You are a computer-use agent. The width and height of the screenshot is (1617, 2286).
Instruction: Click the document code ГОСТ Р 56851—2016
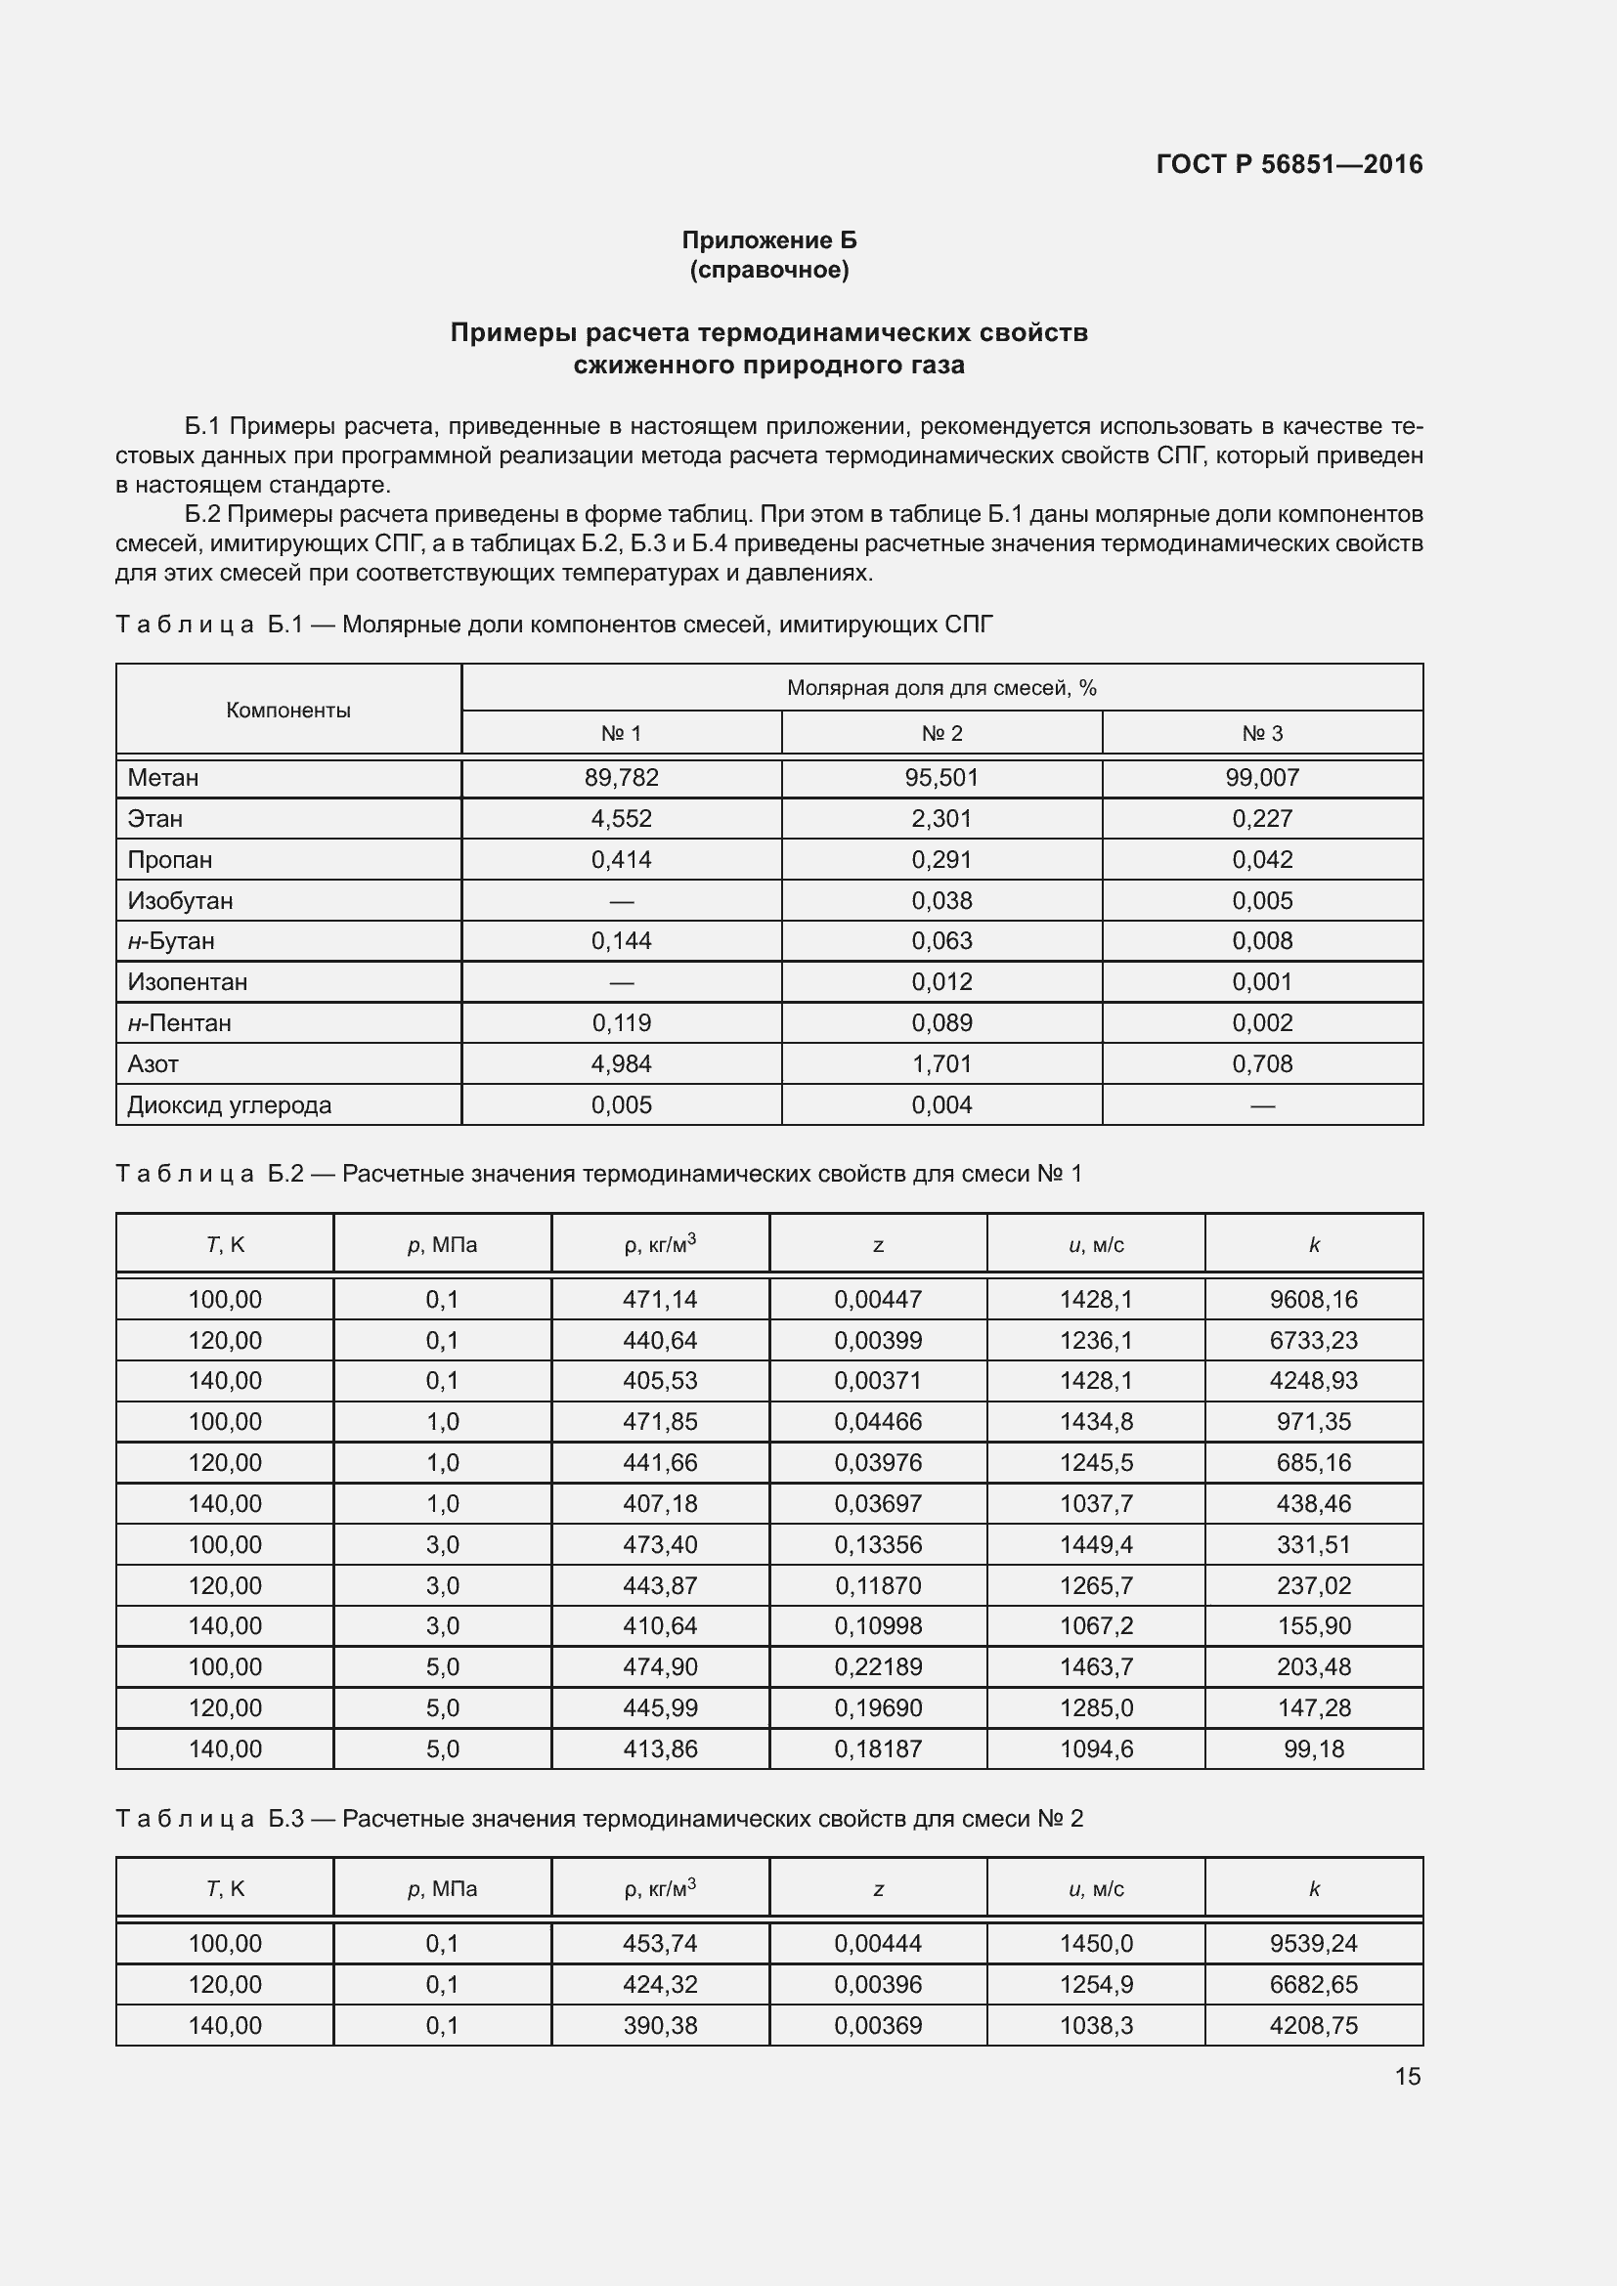click(x=1289, y=164)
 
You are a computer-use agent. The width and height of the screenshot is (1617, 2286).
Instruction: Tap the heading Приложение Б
click(x=768, y=240)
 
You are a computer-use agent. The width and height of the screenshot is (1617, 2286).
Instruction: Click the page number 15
click(x=1407, y=2076)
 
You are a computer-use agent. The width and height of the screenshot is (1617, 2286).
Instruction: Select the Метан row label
click(x=163, y=778)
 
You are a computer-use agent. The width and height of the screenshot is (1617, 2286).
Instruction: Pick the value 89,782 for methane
click(x=622, y=778)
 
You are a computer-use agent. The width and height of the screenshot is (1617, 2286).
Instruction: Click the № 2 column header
click(x=940, y=734)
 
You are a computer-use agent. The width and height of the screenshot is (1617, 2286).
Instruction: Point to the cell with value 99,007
click(x=1261, y=778)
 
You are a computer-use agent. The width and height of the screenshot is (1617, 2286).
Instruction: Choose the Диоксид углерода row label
click(x=229, y=1105)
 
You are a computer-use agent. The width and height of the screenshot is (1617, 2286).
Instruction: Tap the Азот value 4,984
click(x=622, y=1064)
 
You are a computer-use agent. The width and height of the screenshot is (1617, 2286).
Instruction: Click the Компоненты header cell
click(x=287, y=710)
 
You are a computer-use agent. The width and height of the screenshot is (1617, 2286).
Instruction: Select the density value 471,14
click(x=660, y=1299)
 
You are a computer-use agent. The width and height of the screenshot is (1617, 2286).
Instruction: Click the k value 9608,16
click(x=1313, y=1299)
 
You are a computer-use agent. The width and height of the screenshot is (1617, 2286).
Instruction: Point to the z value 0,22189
click(x=878, y=1666)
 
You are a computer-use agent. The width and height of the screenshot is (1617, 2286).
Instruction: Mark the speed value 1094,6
click(x=1096, y=1749)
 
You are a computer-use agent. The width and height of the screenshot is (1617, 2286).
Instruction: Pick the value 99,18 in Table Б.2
click(x=1313, y=1749)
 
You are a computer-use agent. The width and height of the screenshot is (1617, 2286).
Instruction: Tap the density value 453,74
click(x=660, y=1944)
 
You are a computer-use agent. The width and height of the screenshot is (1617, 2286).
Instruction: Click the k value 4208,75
click(x=1313, y=2025)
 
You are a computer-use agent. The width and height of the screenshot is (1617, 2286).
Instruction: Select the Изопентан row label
click(x=187, y=981)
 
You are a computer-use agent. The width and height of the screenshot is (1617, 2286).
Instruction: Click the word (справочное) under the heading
click(x=768, y=270)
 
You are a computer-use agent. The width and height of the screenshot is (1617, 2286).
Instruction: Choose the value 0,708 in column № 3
click(x=1261, y=1064)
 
